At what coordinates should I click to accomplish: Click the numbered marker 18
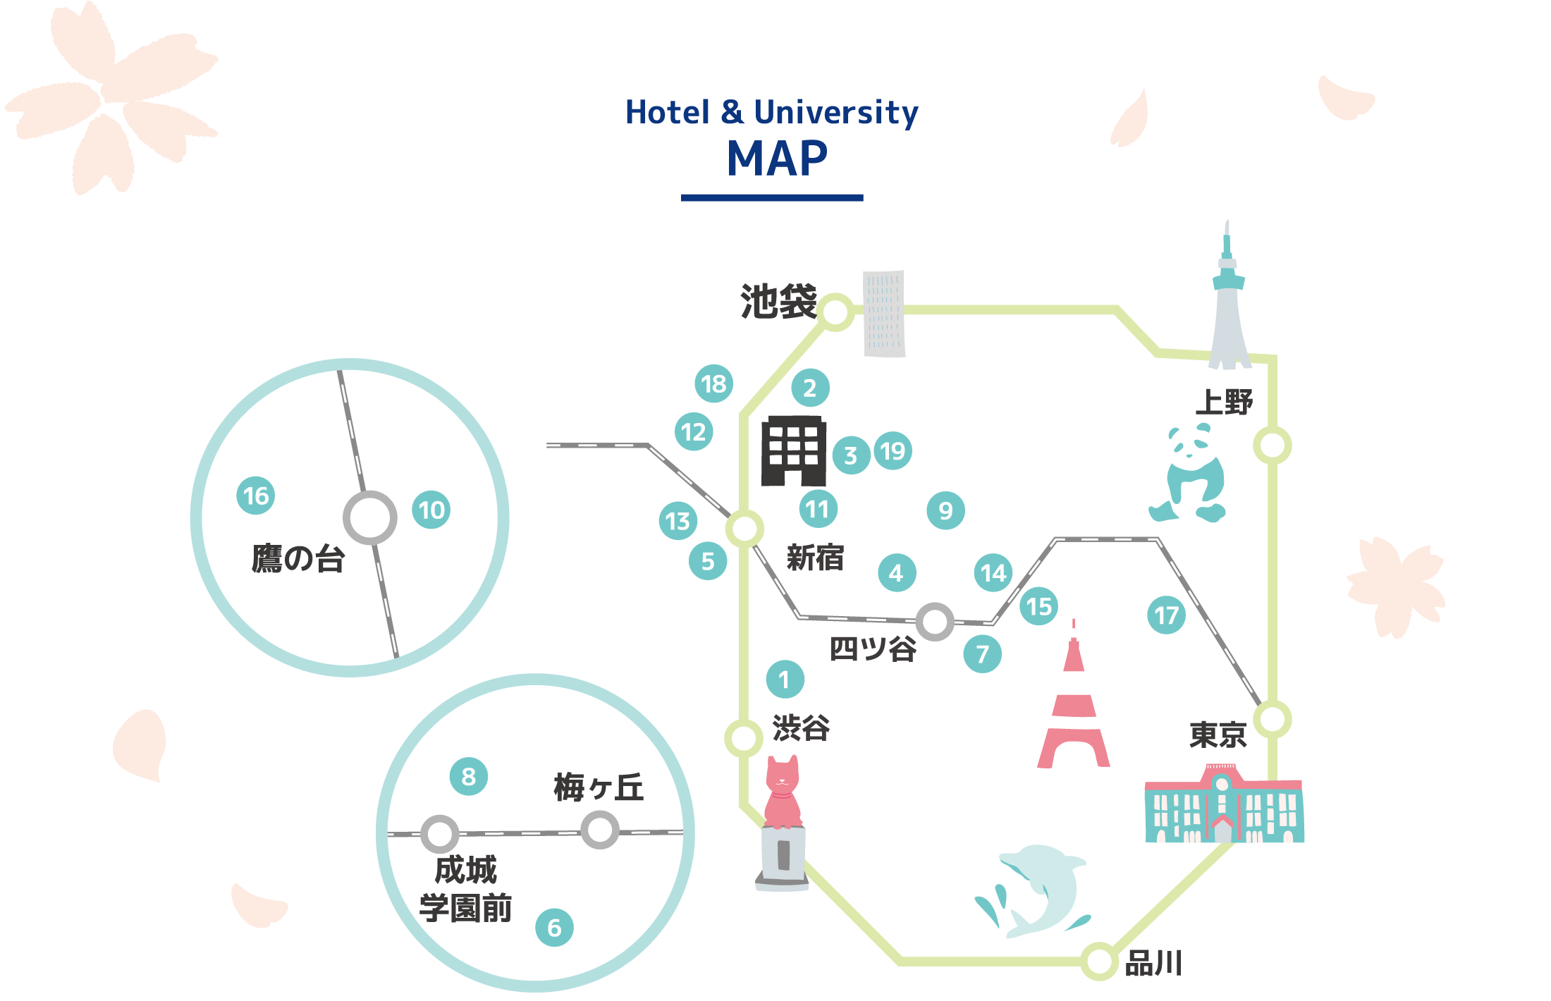713,384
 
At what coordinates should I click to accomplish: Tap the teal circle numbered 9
945,510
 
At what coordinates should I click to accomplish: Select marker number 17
1166,615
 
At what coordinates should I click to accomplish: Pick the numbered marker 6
554,928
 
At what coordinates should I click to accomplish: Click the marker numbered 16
255,496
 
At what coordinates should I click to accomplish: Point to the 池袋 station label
778,302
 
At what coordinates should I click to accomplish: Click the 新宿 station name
815,558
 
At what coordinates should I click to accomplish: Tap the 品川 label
1153,963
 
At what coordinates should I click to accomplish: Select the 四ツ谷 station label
873,649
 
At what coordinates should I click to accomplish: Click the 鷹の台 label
298,559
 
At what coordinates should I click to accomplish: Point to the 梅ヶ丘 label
599,787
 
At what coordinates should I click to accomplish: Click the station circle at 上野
1273,446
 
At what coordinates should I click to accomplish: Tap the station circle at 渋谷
744,738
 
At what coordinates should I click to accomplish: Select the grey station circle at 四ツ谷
935,622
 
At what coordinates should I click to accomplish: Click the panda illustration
1191,474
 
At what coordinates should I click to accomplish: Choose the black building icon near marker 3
794,451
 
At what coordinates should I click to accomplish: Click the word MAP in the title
777,159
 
